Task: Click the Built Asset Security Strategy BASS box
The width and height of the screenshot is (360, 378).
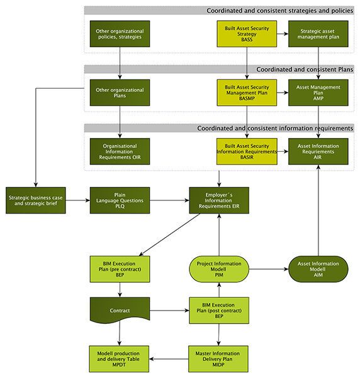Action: (247, 34)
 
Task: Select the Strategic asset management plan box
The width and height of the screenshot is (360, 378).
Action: (318, 34)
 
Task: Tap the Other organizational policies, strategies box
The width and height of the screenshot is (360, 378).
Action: (120, 34)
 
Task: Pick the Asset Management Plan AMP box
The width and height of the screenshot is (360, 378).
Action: (318, 93)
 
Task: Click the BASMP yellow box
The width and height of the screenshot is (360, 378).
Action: (247, 93)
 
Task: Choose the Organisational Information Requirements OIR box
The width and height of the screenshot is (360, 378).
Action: (120, 151)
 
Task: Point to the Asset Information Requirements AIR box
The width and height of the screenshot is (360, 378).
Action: (318, 151)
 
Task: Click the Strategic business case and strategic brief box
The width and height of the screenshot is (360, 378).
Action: (36, 200)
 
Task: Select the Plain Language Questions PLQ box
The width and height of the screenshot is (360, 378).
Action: (120, 200)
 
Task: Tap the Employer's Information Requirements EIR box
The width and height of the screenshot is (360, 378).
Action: (219, 200)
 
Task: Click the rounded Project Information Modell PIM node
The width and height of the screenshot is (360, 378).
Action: (219, 269)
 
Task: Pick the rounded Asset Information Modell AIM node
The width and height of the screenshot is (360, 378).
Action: (318, 269)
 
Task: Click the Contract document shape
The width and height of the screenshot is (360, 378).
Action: (120, 309)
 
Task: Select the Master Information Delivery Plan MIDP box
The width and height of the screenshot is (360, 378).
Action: (218, 359)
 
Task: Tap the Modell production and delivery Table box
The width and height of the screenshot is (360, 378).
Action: (119, 359)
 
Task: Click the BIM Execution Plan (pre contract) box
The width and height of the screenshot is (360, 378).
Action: (120, 269)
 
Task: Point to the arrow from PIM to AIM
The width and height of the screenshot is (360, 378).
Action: (269, 269)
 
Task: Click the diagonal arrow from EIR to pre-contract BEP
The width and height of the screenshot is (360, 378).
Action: (169, 234)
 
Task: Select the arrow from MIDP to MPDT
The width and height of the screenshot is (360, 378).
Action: (169, 359)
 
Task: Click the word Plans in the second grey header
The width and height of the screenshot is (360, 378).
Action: (346, 69)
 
